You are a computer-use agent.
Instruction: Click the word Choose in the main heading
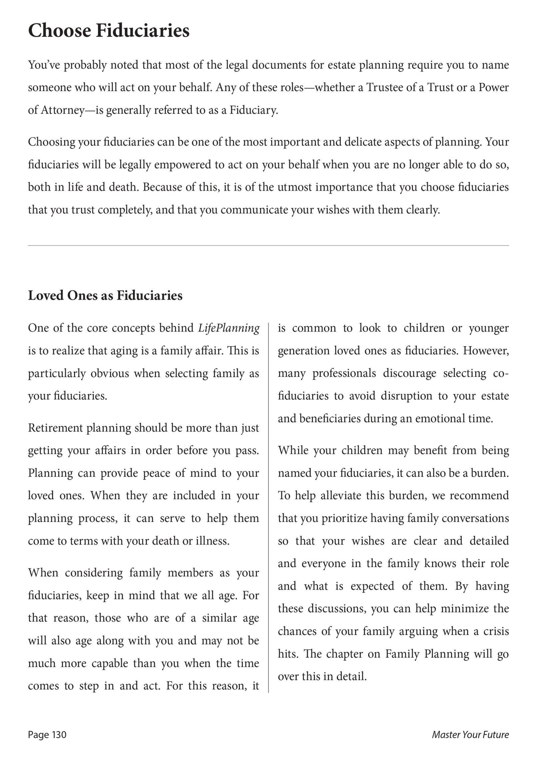pos(59,31)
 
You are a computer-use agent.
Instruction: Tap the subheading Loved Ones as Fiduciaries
pos(105,296)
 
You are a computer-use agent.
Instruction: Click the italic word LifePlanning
pos(229,328)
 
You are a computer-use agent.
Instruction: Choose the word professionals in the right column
pos(344,373)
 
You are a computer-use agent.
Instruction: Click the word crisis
pos(494,631)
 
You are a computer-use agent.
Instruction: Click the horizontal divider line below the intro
pos(268,246)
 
